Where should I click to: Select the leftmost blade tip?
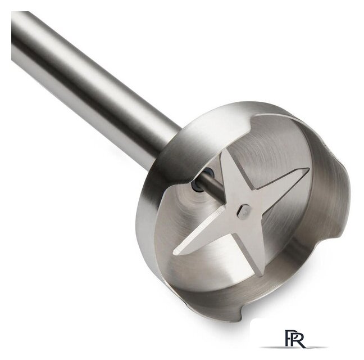175,251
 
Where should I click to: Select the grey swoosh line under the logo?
294,347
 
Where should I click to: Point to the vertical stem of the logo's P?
288,338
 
